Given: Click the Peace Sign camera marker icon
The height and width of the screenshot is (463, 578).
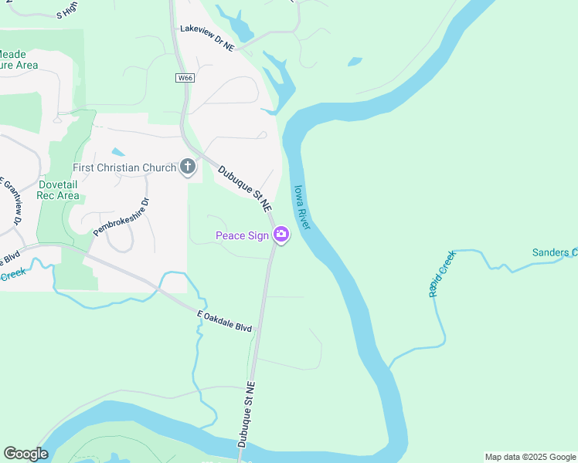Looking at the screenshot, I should [x=281, y=235].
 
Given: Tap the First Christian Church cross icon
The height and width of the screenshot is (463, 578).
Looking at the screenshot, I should [x=188, y=166].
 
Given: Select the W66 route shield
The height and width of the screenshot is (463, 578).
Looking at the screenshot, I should [x=185, y=78].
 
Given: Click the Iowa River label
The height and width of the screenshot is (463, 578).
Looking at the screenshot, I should [x=301, y=207].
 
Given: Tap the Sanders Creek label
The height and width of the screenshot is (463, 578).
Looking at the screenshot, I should [x=554, y=252].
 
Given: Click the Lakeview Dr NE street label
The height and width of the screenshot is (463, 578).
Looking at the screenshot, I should [x=206, y=38].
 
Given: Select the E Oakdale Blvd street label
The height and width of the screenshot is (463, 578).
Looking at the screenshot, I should [x=225, y=321].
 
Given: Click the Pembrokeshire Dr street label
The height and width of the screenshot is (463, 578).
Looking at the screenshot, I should [x=121, y=217].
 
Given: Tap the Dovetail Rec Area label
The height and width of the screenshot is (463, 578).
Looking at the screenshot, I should [x=58, y=190].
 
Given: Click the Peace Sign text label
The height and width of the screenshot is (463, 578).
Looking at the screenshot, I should [x=241, y=235].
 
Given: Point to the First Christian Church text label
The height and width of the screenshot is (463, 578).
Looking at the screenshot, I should [x=125, y=167].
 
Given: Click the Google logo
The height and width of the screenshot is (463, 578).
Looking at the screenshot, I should [x=25, y=454].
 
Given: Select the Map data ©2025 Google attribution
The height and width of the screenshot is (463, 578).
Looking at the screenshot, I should [x=530, y=457].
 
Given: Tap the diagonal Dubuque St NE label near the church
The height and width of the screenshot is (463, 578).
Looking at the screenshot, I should [x=245, y=189].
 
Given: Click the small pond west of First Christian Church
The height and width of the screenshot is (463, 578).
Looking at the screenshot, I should [x=118, y=152].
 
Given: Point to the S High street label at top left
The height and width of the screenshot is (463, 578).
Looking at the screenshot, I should [x=67, y=9].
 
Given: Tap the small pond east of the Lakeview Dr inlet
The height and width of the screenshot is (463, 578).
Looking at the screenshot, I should [x=355, y=61].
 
